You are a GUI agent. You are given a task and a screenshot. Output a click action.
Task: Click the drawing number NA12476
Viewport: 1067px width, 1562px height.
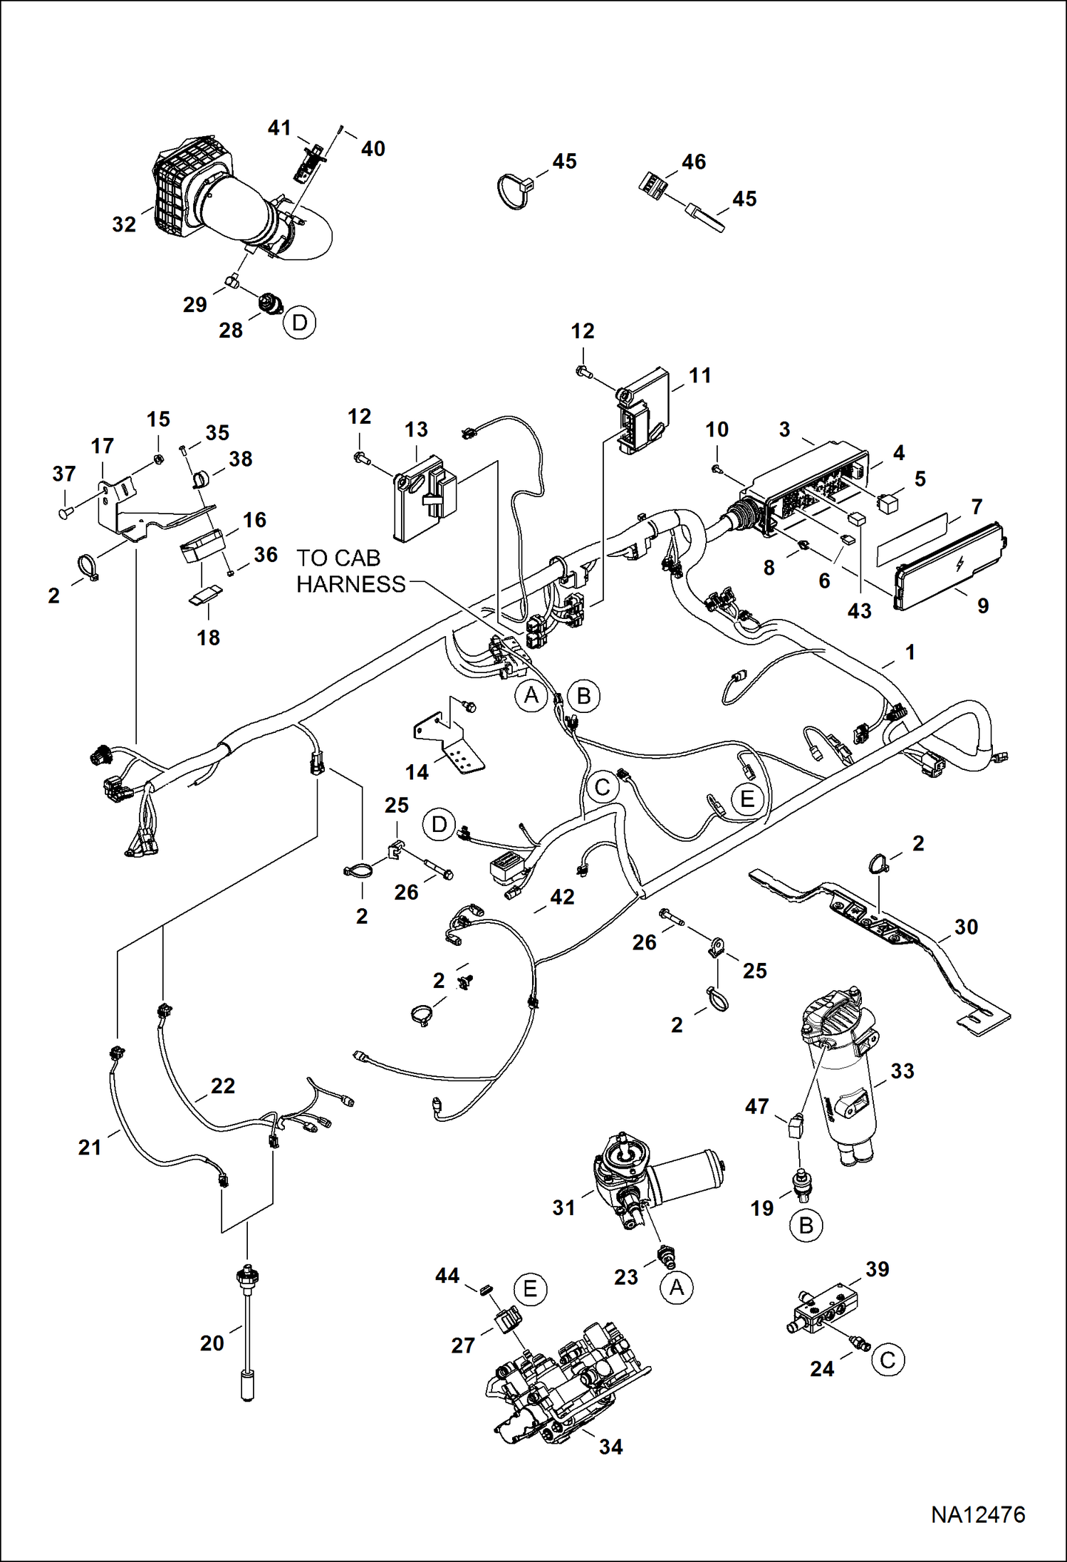pyautogui.click(x=977, y=1514)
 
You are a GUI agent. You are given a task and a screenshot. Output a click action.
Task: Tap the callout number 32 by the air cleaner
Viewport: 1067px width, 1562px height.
pyautogui.click(x=124, y=224)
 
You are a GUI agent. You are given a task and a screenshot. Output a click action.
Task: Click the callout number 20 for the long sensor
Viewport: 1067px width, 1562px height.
pyautogui.click(x=212, y=1343)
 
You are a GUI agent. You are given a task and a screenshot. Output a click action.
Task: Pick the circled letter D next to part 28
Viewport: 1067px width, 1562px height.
pyautogui.click(x=299, y=323)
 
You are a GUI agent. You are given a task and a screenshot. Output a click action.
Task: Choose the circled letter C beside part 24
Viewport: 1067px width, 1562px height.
pyautogui.click(x=888, y=1360)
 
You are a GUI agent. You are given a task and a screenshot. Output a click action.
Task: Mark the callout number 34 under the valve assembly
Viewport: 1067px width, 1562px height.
pyautogui.click(x=610, y=1447)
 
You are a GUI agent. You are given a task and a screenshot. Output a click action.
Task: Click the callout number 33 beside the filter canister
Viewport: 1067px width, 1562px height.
pyautogui.click(x=902, y=1071)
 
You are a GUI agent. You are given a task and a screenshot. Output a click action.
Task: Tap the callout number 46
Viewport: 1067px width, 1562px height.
pyautogui.click(x=693, y=162)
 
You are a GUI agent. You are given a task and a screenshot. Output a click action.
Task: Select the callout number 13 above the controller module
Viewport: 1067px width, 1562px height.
pyautogui.click(x=416, y=429)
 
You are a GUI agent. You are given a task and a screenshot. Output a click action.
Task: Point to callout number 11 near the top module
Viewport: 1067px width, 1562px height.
pyautogui.click(x=700, y=375)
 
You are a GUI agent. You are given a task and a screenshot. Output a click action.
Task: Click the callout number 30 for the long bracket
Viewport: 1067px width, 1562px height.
pyautogui.click(x=966, y=927)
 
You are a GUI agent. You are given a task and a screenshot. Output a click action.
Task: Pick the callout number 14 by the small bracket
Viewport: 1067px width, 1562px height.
pyautogui.click(x=417, y=771)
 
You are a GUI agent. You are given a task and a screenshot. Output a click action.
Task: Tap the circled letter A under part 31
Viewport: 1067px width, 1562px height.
pyautogui.click(x=677, y=1287)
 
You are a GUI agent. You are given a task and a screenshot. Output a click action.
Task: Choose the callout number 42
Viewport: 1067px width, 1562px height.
pyautogui.click(x=562, y=897)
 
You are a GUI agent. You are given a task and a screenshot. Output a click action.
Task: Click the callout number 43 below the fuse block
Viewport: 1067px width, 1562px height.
pyautogui.click(x=859, y=610)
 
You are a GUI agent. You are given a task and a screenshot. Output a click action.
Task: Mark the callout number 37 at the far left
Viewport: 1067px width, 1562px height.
pyautogui.click(x=64, y=474)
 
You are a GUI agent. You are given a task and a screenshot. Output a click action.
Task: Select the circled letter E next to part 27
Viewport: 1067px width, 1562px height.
pyautogui.click(x=530, y=1289)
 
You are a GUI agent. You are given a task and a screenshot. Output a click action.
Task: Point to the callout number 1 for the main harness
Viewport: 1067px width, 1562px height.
pyautogui.click(x=910, y=652)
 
